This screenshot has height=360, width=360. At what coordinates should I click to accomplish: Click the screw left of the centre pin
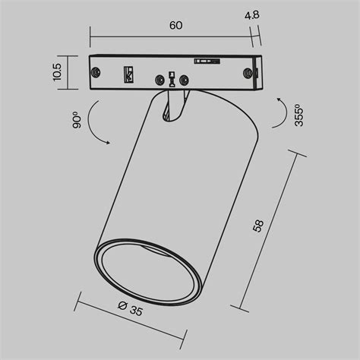tap(160, 78)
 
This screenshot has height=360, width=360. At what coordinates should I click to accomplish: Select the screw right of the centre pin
tap(185, 78)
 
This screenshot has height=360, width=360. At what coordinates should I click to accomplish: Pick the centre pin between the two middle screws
tap(172, 78)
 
